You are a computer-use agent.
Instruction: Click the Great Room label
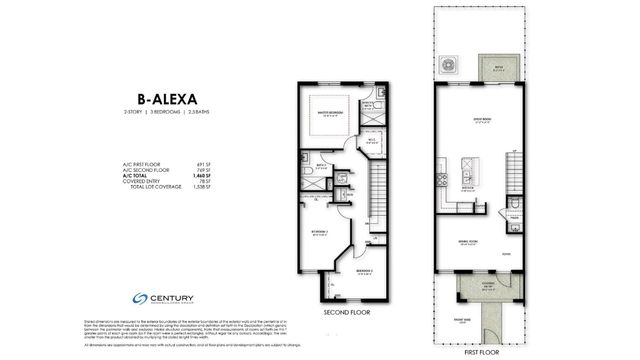(x=468, y=123)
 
